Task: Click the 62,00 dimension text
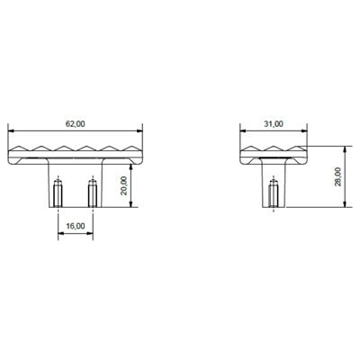[75, 122]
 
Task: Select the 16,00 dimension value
[76, 226]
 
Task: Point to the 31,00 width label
[274, 122]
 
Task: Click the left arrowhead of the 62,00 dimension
[11, 130]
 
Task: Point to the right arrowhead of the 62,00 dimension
[140, 130]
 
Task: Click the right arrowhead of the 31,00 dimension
[306, 130]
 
